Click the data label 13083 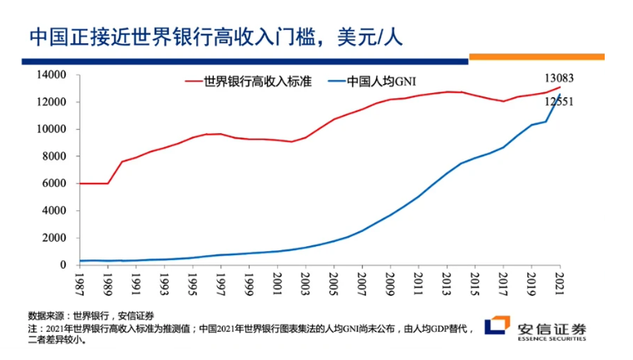pos(558,78)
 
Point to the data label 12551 pos(559,101)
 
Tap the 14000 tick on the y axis pos(52,75)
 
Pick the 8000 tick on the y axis pos(54,156)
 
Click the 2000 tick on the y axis pos(54,238)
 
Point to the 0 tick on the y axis pos(62,264)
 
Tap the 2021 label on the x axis pos(560,279)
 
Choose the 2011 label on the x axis pos(418,279)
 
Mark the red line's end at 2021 pos(560,87)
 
